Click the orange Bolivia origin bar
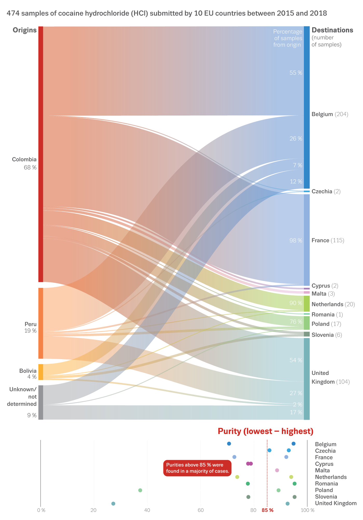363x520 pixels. click(41, 372)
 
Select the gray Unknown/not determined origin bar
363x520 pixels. click(41, 402)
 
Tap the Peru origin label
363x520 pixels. click(31, 327)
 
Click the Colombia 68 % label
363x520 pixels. click(24, 163)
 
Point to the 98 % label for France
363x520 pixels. click(296, 240)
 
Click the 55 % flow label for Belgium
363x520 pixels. click(296, 73)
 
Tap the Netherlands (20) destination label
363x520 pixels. click(333, 304)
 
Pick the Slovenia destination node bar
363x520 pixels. click(307, 334)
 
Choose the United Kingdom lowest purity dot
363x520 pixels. click(113, 503)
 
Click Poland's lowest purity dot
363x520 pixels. click(140, 490)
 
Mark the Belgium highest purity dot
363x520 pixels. click(294, 444)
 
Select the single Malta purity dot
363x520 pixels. click(277, 470)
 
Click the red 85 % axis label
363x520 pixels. click(267, 510)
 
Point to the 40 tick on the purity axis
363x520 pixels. click(147, 510)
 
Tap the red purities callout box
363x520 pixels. click(197, 468)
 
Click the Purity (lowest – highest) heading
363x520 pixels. click(266, 431)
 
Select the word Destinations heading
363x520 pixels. click(332, 30)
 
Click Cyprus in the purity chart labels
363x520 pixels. click(324, 464)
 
